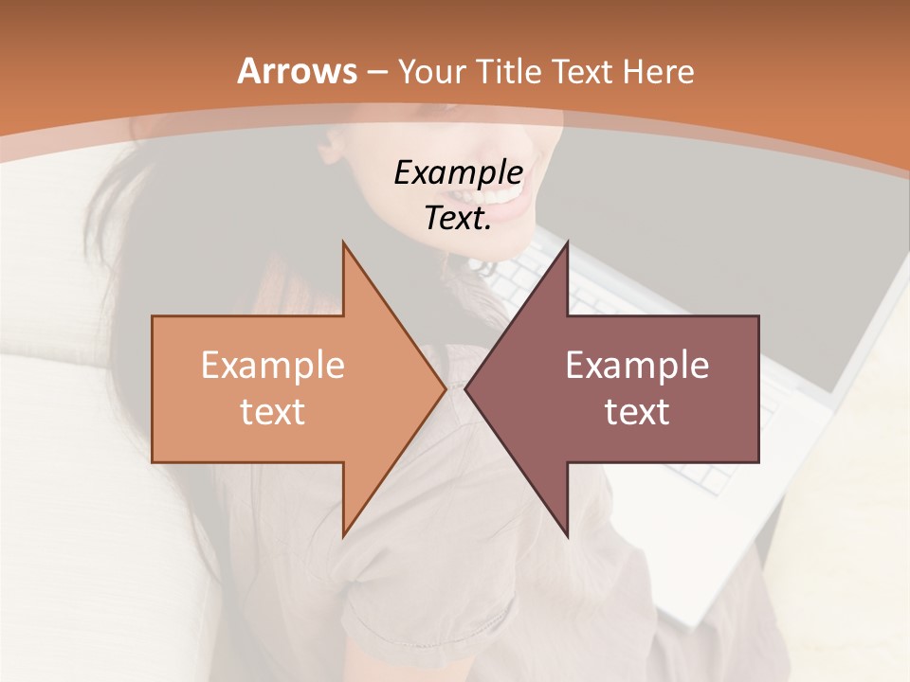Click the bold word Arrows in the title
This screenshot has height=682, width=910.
coord(297,71)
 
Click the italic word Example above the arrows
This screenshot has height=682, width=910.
coord(458,173)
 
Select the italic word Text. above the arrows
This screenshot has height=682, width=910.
coord(458,218)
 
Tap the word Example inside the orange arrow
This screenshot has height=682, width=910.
coord(272,365)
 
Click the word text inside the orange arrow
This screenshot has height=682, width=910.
coord(272,411)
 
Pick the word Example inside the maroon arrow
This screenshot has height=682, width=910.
coord(637,365)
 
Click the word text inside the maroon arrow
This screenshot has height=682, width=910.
coord(637,411)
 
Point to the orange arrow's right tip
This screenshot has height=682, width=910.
coord(445,388)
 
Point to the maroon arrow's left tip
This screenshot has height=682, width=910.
coord(466,388)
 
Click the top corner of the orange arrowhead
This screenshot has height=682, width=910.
coord(343,242)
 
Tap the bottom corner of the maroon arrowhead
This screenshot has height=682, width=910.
coord(567,536)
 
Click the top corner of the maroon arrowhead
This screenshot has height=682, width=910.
coord(567,242)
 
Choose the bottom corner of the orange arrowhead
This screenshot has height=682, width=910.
coord(343,536)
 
